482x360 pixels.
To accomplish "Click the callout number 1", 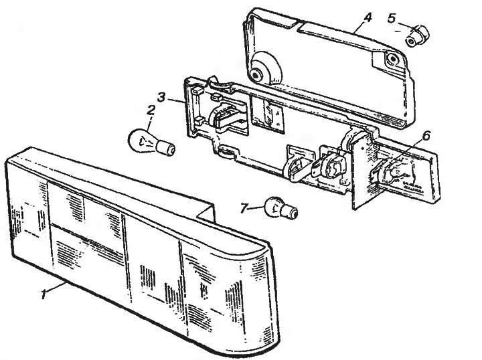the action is tap(44, 293).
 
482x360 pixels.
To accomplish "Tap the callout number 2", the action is tap(151, 110).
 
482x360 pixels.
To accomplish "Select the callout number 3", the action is tap(161, 98).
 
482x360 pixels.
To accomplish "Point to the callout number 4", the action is tap(367, 17).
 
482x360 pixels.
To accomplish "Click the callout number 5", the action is tap(392, 18).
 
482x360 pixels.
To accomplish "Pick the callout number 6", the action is tap(426, 135).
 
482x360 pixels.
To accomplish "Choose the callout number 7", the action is tap(244, 208).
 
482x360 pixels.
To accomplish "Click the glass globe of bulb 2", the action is tap(143, 141).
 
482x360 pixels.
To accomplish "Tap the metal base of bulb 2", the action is tap(166, 149).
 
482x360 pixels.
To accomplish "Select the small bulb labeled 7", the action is tap(281, 208).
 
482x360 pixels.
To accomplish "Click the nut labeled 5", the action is tap(417, 36).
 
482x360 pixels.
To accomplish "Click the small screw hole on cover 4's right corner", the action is tap(392, 58).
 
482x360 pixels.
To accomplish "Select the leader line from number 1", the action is tap(56, 287).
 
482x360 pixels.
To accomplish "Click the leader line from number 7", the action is tap(256, 208).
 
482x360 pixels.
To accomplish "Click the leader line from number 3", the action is tap(175, 100).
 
